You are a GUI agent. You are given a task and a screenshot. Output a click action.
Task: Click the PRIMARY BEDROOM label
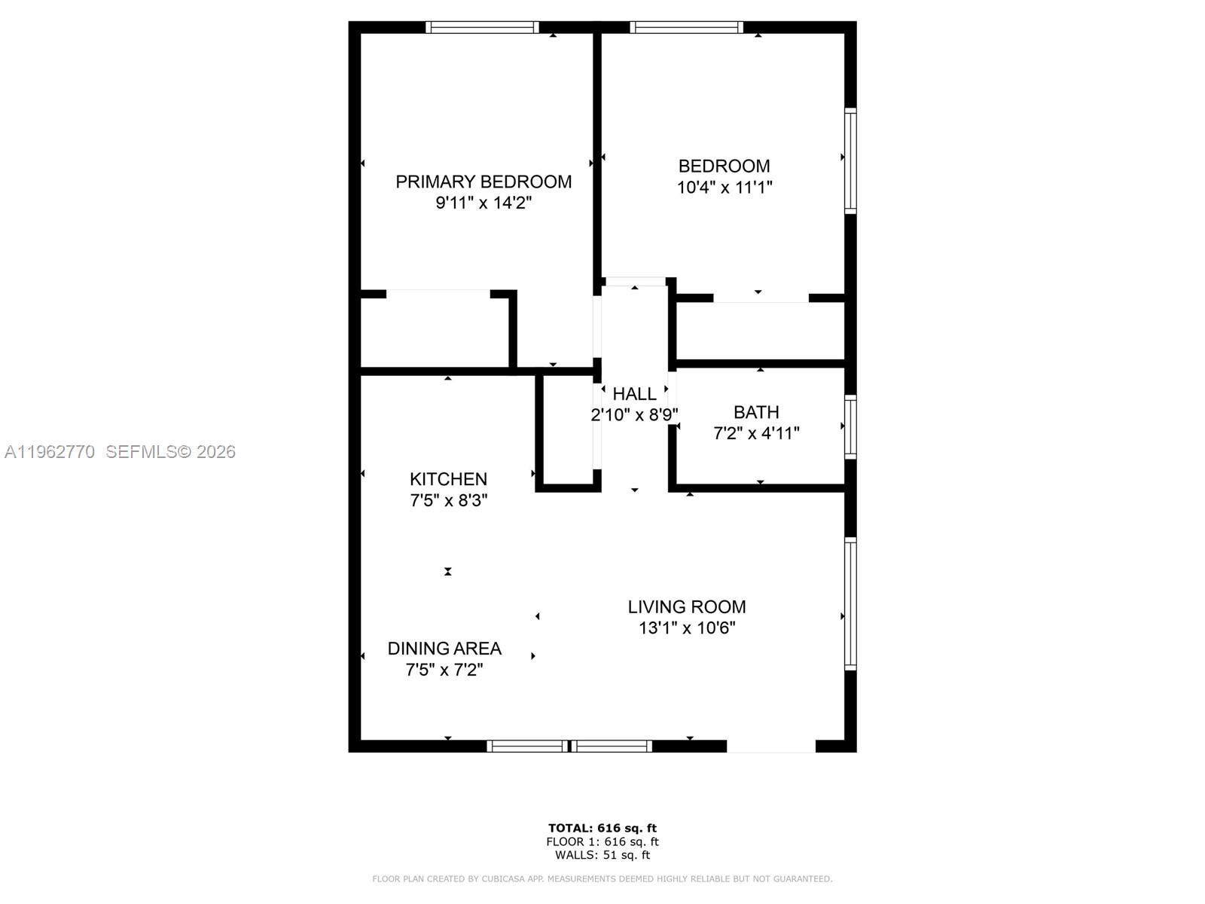point(484,182)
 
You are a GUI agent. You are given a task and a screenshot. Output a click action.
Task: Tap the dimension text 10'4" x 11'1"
point(725,187)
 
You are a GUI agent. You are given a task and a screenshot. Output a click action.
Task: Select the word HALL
point(635,394)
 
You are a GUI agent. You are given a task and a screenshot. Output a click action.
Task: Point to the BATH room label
point(756,412)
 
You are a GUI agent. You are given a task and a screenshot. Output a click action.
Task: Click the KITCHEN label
point(449,479)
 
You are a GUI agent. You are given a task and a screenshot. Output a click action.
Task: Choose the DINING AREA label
point(444,649)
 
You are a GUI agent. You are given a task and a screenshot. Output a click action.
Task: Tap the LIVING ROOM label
point(688,607)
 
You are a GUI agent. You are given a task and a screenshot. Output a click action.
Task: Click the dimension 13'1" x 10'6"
point(688,628)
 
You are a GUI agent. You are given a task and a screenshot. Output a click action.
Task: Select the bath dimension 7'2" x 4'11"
point(756,434)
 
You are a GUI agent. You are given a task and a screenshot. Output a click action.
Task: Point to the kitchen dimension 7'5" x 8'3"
point(449,500)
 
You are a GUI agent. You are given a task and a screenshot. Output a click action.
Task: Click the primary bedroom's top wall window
point(482,27)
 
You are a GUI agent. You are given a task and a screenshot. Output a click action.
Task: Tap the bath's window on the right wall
point(850,426)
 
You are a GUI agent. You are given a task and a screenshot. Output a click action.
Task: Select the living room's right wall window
point(850,603)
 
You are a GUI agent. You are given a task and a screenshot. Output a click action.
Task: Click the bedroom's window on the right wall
point(850,160)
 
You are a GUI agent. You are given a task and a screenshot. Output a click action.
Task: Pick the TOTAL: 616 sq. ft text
point(602,828)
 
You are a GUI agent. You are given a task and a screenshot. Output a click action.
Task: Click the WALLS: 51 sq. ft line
point(602,855)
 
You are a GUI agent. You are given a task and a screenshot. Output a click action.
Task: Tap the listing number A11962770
point(50,452)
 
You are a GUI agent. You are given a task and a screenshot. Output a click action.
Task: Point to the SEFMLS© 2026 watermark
point(171,452)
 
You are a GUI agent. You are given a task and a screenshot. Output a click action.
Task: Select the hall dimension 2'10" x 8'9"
point(635,415)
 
